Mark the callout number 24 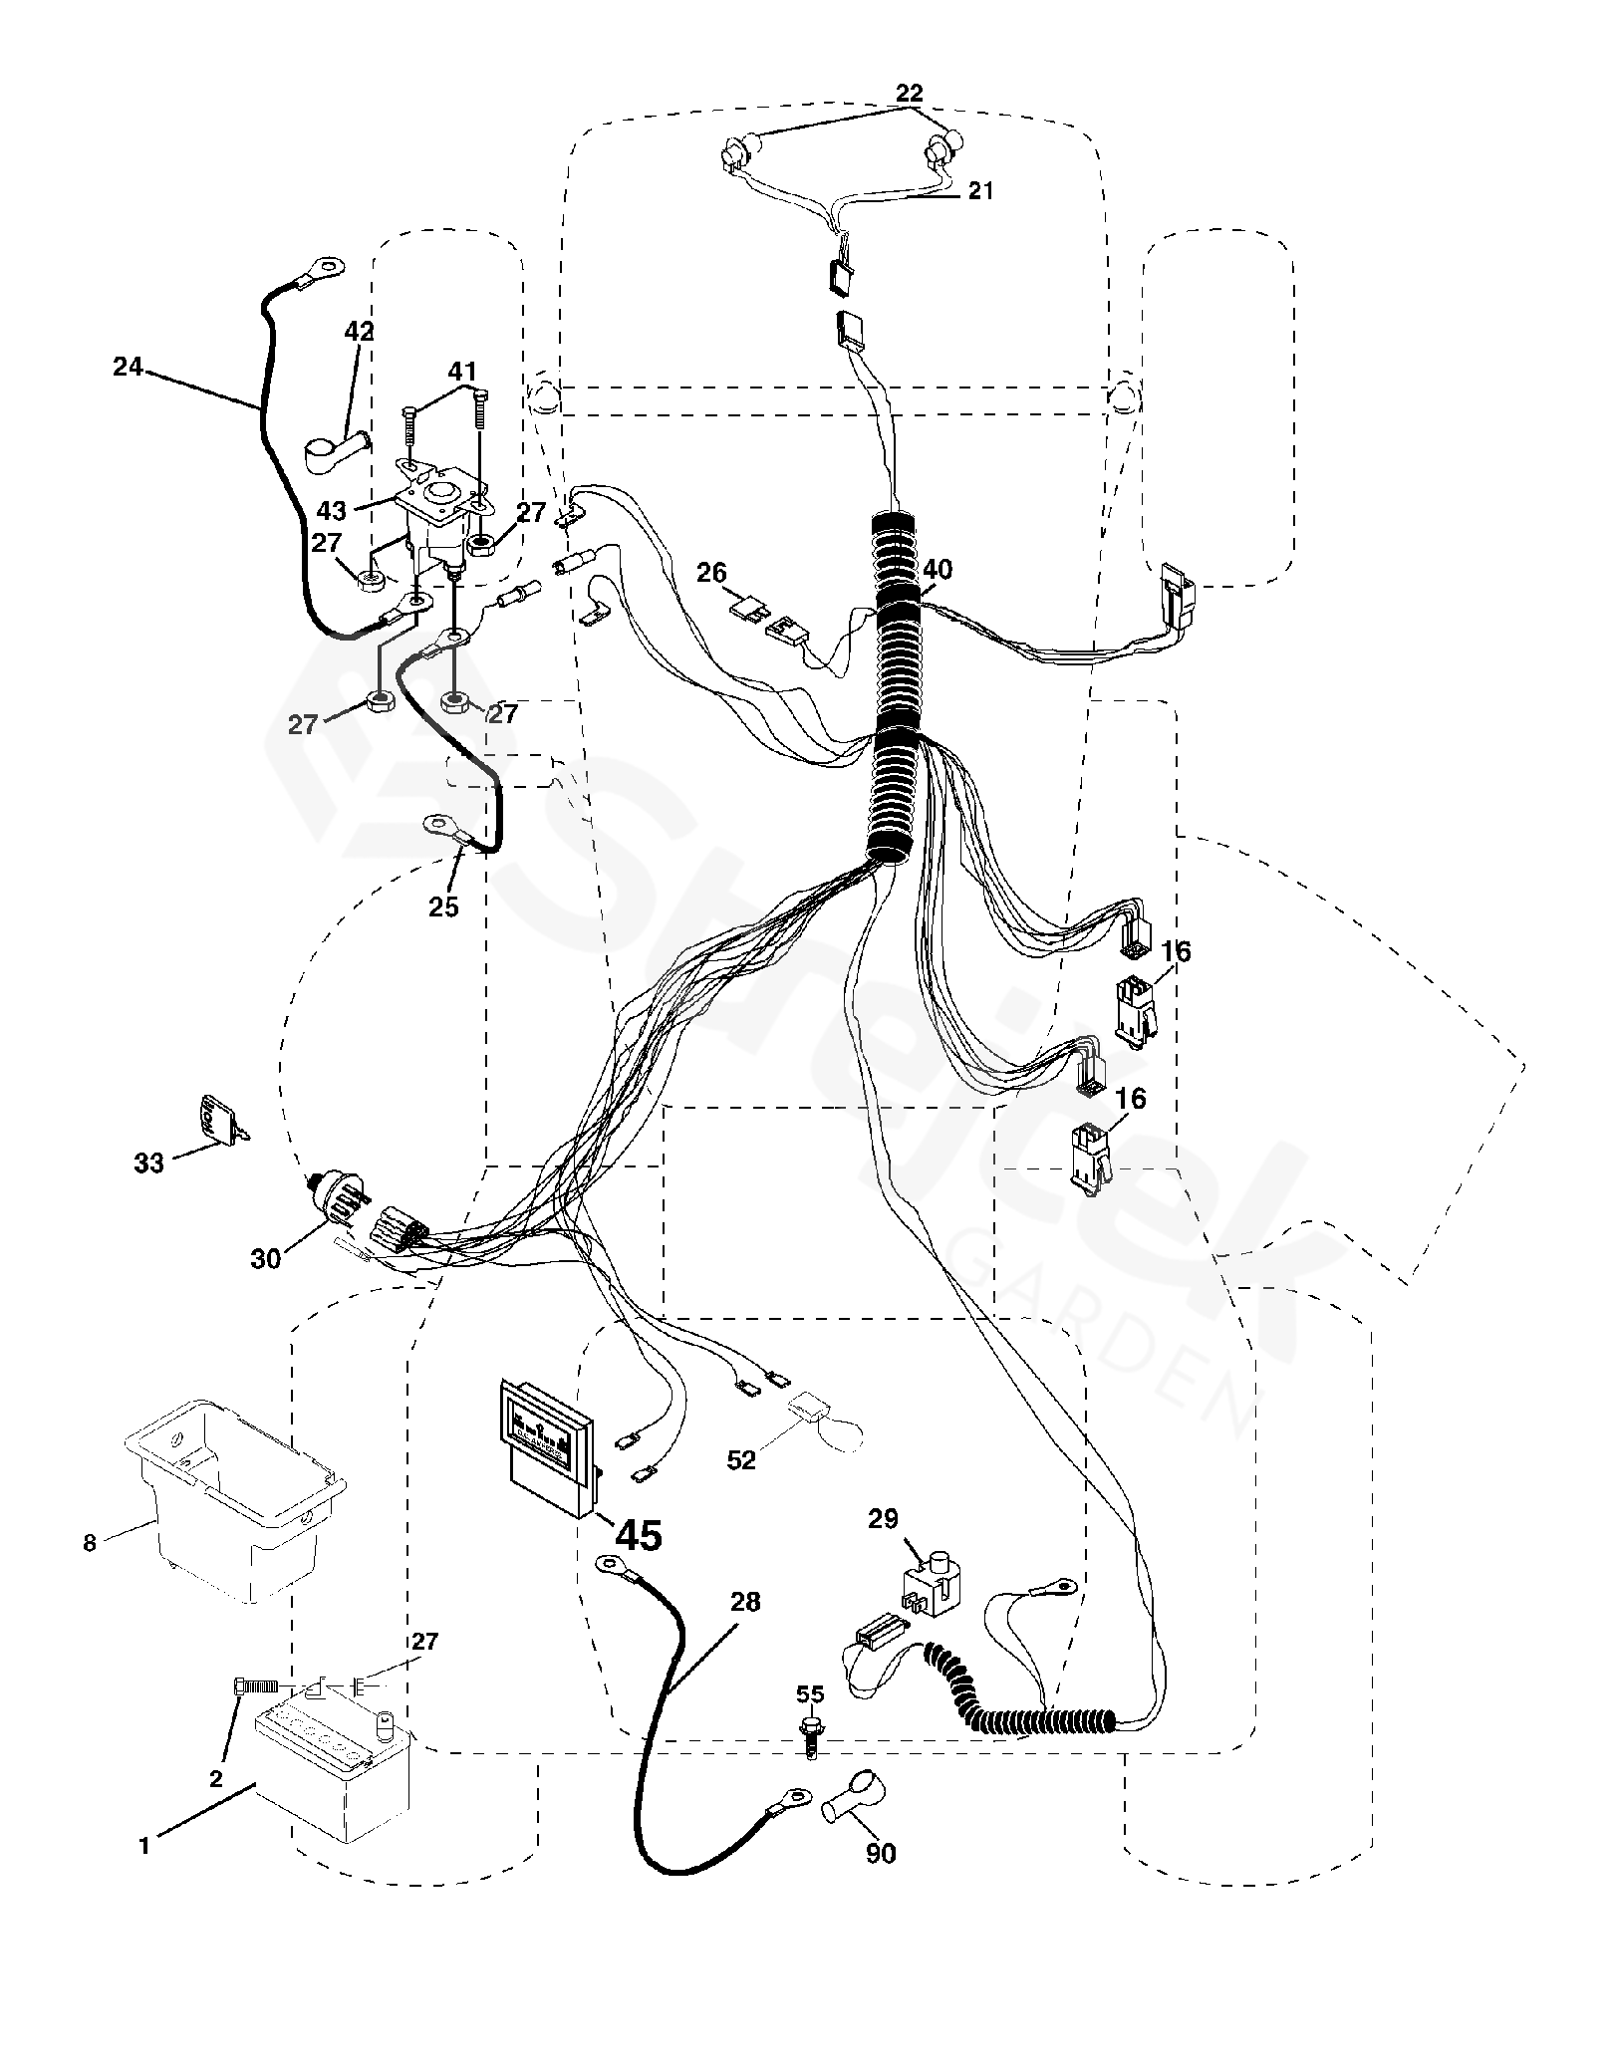coord(128,368)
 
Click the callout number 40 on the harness coord(938,570)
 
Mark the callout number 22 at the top coord(909,94)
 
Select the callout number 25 coord(443,906)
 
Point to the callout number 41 coord(461,372)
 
